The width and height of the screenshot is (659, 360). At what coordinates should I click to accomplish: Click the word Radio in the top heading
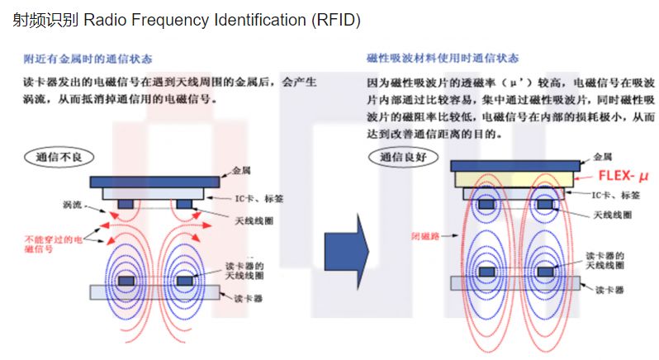click(x=103, y=20)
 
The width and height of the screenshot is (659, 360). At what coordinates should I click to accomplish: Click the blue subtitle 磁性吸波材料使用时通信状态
click(x=443, y=59)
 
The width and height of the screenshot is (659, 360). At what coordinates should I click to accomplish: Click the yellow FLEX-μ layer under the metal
click(x=514, y=179)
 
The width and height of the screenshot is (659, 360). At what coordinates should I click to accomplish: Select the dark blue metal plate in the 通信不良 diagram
click(x=155, y=181)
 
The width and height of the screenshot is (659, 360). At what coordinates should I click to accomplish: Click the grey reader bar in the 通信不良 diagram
click(x=154, y=291)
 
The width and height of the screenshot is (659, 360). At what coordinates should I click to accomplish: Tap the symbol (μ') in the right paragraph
click(x=525, y=83)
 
